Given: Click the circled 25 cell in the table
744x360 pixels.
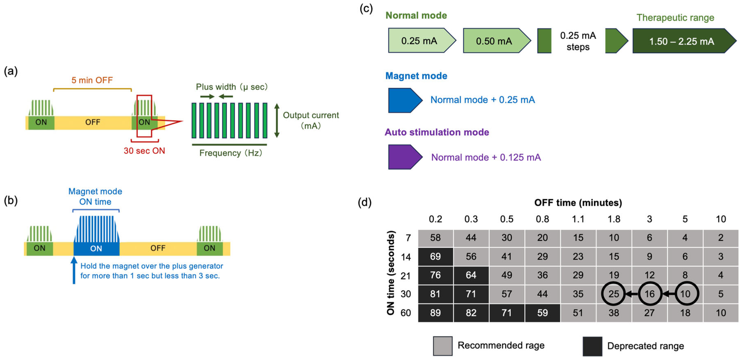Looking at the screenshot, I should point(613,294).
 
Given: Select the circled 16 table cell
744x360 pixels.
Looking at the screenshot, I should point(650,294).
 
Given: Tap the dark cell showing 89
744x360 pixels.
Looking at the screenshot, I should point(435,313).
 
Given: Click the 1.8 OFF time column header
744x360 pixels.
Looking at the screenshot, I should point(614,219).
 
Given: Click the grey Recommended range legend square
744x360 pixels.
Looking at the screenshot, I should point(443,346).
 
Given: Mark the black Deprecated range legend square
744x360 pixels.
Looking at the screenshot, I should point(592,346).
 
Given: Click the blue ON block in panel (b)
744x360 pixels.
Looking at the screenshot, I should point(96,249).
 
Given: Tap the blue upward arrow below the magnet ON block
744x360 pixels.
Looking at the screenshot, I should point(74,270).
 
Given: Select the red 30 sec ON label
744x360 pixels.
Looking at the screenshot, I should point(144,151).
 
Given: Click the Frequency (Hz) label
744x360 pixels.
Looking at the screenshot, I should point(231,153).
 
